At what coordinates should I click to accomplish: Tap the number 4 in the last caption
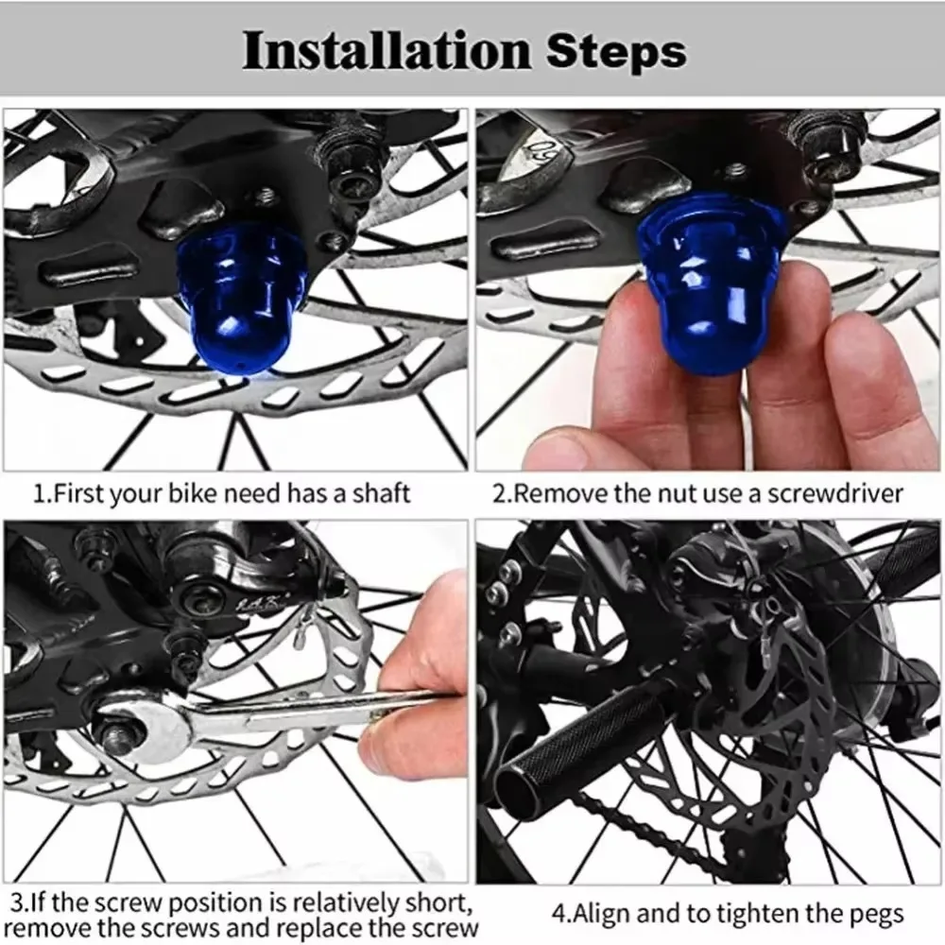558,915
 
